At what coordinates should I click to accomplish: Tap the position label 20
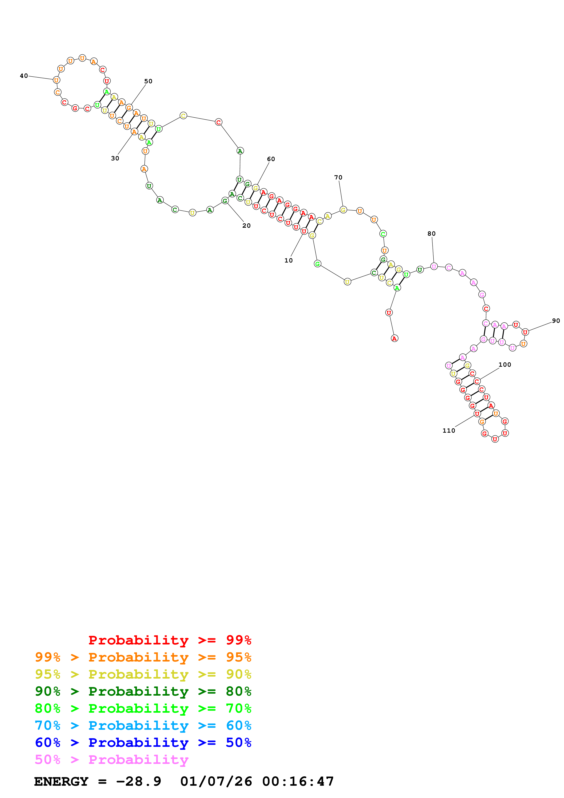(x=246, y=226)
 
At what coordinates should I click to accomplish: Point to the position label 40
(x=24, y=76)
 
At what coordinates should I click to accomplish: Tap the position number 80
(x=431, y=234)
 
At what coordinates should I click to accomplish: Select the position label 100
(x=505, y=365)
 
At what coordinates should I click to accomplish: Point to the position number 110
(x=449, y=431)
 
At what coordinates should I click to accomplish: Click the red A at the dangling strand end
(x=395, y=338)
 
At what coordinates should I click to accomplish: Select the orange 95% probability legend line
(x=143, y=657)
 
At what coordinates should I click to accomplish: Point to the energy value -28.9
(x=139, y=781)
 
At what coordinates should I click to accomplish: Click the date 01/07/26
(x=216, y=781)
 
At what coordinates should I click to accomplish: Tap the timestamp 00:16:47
(x=298, y=781)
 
